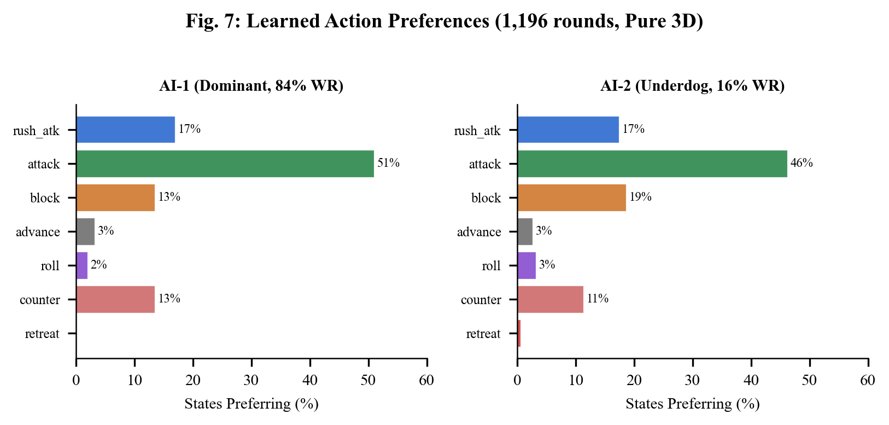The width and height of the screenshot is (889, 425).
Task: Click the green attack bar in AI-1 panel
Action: [x=225, y=164]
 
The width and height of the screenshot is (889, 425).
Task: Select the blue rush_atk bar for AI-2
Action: [x=568, y=130]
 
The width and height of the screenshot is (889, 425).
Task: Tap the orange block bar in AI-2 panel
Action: [x=571, y=197]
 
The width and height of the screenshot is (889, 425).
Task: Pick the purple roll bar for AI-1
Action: [x=82, y=265]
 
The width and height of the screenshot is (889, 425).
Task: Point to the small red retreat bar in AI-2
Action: [x=519, y=333]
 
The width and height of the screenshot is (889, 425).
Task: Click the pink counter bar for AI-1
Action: [x=115, y=299]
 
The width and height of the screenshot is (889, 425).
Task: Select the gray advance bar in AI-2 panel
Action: [x=525, y=231]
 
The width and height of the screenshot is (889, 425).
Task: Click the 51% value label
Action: [x=388, y=163]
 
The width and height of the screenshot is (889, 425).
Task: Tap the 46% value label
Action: [x=802, y=163]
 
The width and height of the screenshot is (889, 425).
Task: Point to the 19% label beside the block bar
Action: [x=640, y=197]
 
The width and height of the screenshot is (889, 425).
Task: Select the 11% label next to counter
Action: [x=598, y=299]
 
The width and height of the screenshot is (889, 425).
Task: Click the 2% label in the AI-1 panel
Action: [x=98, y=265]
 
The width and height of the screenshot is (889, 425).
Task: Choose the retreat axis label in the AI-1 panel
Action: [x=42, y=334]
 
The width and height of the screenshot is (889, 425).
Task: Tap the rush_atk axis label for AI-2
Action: [x=477, y=131]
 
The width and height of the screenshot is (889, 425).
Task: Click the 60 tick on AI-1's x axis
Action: [x=426, y=380]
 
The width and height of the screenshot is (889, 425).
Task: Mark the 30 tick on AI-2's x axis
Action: [x=693, y=380]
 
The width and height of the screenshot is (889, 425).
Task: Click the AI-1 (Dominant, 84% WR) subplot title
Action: [x=252, y=86]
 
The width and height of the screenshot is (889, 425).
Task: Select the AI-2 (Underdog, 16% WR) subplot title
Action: [x=692, y=86]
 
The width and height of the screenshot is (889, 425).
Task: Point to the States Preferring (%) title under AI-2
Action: [x=692, y=404]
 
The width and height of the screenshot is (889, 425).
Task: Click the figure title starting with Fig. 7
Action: [x=444, y=21]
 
